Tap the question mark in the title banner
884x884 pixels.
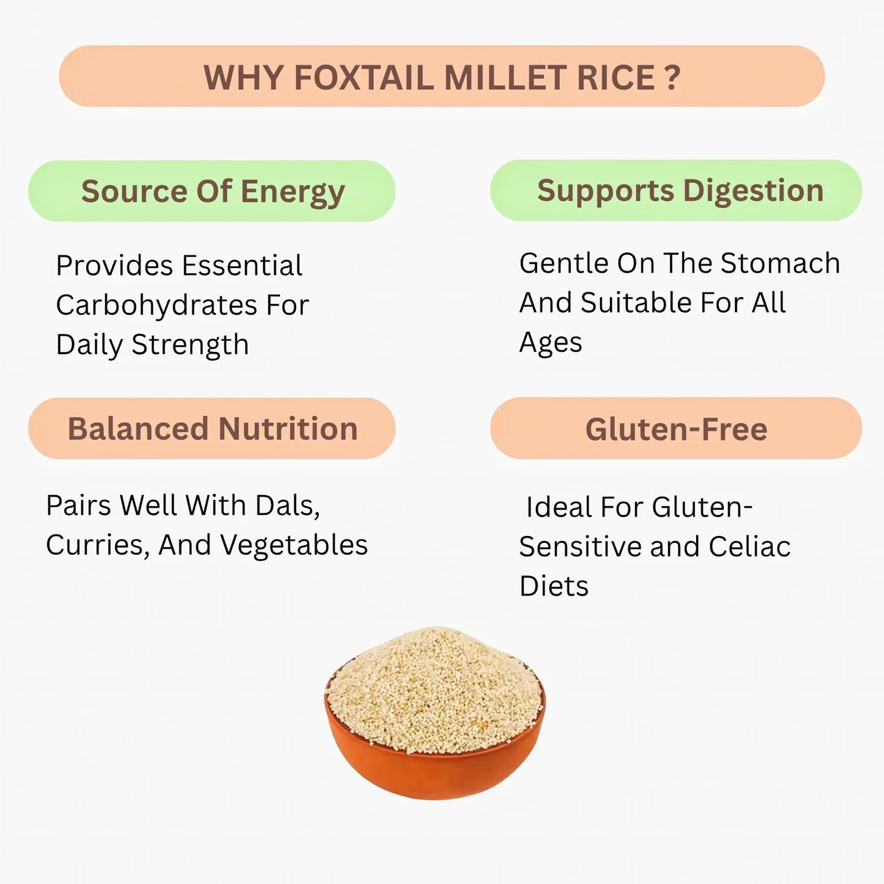[672, 78]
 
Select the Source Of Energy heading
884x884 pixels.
[212, 191]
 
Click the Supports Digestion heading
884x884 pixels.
[680, 190]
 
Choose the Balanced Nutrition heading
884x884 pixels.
[212, 428]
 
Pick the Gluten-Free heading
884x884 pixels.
[676, 429]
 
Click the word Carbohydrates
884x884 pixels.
[156, 305]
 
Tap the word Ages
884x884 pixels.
[550, 343]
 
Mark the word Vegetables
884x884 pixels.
[294, 545]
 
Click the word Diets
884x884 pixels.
[554, 586]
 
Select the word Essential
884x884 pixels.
[242, 266]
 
